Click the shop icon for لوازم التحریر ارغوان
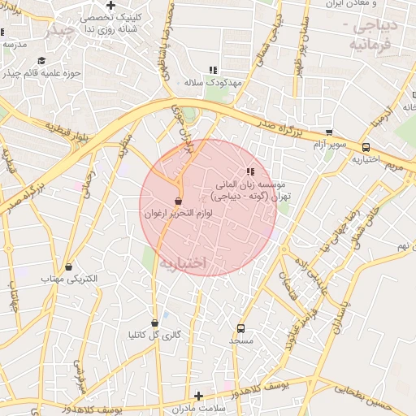[178, 201]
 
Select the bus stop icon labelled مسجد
[240, 328]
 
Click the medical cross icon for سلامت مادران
[198, 395]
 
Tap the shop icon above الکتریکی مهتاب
[68, 266]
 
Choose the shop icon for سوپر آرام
[329, 132]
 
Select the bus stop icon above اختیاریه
[366, 148]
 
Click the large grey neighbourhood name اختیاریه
[183, 264]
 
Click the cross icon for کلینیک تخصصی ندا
[110, 5]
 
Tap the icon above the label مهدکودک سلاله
[213, 71]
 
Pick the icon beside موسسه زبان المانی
[250, 171]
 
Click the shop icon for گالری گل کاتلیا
[154, 323]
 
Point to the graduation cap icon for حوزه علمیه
[41, 61]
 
